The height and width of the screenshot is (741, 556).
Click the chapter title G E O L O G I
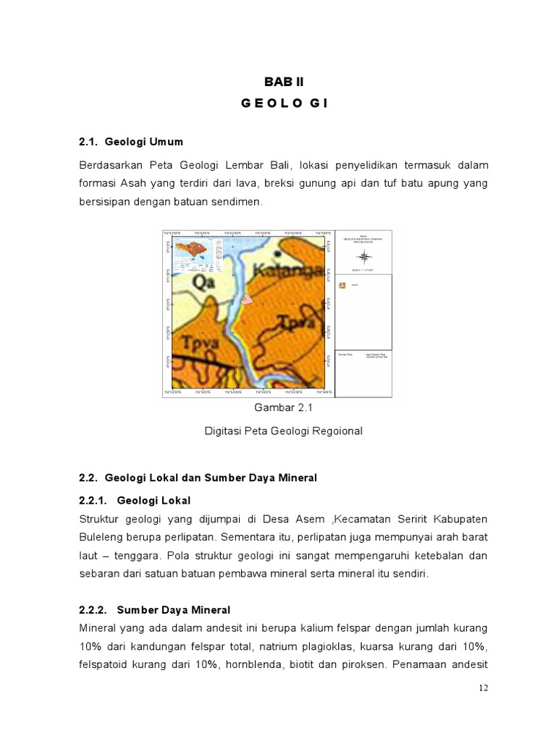[285, 103]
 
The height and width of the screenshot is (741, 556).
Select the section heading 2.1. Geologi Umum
[131, 142]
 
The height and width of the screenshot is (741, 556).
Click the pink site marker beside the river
[248, 297]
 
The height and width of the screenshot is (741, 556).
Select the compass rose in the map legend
[364, 255]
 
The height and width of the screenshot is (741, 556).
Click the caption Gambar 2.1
[283, 408]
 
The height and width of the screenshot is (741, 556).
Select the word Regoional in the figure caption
[334, 431]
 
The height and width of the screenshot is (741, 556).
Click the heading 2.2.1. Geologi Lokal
[135, 500]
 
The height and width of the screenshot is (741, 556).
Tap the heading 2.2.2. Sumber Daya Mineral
[154, 610]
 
